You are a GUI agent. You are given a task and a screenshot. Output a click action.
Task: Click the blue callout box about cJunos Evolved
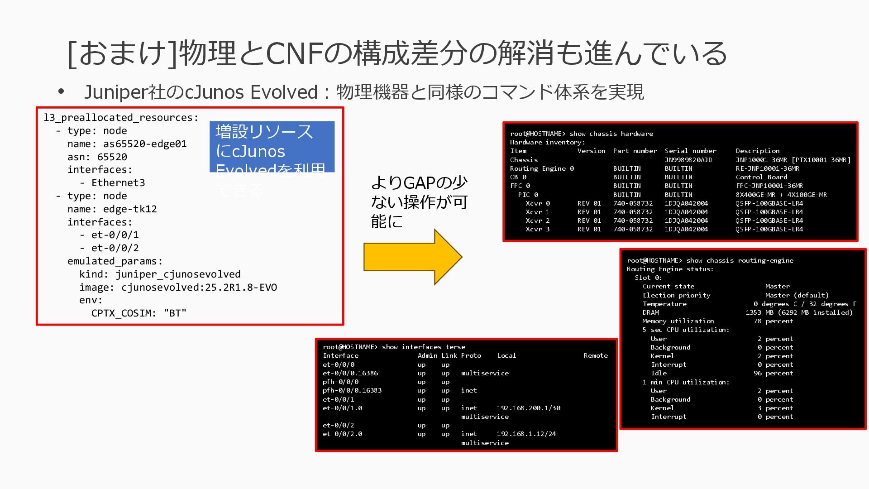click(x=272, y=146)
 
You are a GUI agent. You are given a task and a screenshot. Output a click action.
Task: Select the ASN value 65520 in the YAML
click(x=112, y=157)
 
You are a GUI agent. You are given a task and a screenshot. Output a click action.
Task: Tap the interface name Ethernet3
click(x=118, y=183)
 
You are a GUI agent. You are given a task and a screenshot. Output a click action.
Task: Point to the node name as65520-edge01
click(x=145, y=144)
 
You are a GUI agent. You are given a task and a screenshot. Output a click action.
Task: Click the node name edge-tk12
click(x=130, y=209)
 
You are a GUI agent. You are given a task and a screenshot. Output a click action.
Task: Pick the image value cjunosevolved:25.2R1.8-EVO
click(x=199, y=288)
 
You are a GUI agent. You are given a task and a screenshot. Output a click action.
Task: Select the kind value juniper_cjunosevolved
click(x=178, y=274)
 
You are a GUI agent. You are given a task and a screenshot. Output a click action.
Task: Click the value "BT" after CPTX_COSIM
click(x=175, y=313)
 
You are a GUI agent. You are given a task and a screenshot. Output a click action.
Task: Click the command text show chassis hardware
click(x=611, y=134)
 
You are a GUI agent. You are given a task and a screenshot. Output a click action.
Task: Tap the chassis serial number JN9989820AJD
click(x=688, y=160)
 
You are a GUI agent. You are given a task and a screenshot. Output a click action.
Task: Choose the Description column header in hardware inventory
click(x=757, y=151)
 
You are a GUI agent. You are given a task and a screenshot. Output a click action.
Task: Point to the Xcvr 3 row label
click(x=537, y=229)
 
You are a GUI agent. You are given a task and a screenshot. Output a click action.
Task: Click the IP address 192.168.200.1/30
click(x=528, y=408)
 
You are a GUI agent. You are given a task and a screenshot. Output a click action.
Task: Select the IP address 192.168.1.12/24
click(x=526, y=434)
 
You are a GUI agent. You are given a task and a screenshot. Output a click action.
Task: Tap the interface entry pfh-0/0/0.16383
click(x=352, y=390)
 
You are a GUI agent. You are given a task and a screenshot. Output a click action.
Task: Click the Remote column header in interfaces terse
click(x=595, y=355)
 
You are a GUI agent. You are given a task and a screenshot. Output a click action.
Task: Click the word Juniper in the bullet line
click(x=115, y=92)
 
